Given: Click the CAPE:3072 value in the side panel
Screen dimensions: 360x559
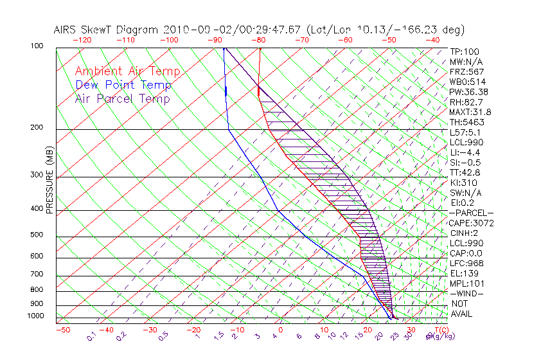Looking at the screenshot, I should [x=472, y=223].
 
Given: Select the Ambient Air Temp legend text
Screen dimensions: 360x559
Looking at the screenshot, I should [x=127, y=71].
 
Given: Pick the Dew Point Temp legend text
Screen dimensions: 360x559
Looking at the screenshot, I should [x=123, y=85].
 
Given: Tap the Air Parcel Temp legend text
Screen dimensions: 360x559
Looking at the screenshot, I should [x=122, y=98].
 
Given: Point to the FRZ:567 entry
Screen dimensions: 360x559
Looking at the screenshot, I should [x=467, y=71].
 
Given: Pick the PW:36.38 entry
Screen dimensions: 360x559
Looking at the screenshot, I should [x=469, y=92].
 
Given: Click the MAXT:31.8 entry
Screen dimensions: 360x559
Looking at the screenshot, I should [x=471, y=112].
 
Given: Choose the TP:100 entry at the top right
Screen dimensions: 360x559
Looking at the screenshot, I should [x=465, y=51].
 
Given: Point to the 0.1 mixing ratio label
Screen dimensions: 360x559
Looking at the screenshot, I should [x=92, y=336].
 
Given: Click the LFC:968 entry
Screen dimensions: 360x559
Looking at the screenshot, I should [x=466, y=264].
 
